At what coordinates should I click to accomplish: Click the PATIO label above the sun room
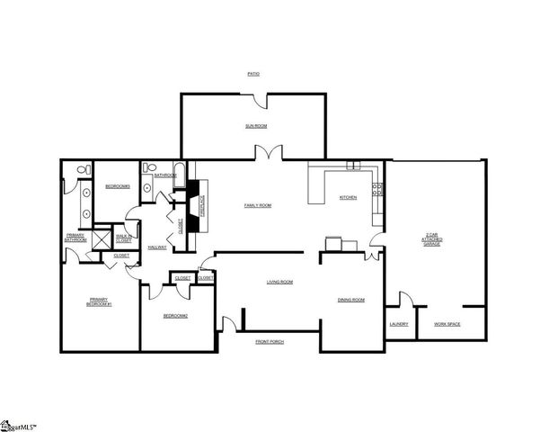coord(254,73)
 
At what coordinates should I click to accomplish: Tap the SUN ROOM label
coord(256,126)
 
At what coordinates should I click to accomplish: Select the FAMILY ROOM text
coord(258,205)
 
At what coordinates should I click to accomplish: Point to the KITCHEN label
coord(348,197)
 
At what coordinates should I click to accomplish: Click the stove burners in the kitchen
coord(379,190)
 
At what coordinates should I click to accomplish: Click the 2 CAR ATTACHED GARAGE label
coord(432,239)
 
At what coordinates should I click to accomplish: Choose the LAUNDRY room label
coord(399,323)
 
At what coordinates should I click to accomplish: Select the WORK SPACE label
coord(447,323)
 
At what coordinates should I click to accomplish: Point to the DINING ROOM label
coord(350,300)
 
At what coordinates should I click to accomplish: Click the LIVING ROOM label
coord(279,283)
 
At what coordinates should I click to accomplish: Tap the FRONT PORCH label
coord(270,342)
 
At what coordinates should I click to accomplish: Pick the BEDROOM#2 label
coord(174,316)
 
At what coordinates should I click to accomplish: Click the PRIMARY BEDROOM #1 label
coord(100,301)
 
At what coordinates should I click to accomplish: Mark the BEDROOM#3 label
coord(118,186)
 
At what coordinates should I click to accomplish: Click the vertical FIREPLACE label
coord(203,205)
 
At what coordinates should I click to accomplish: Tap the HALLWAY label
coord(157,247)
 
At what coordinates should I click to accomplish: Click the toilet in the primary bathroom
coord(81,169)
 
